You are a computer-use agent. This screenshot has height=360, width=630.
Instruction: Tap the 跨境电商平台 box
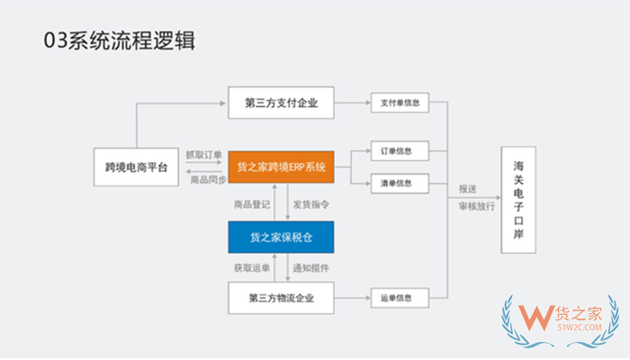(x=136, y=167)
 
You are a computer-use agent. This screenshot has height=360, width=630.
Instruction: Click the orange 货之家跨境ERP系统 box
(x=281, y=167)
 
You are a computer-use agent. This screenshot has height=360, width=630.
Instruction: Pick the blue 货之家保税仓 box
(x=281, y=237)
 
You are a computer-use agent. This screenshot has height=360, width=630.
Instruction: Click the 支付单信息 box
(x=400, y=102)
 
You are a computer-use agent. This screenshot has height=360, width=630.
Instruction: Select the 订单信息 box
(x=400, y=150)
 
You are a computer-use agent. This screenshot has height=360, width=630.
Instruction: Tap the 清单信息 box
(x=400, y=184)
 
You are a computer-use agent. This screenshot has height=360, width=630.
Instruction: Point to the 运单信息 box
(x=400, y=297)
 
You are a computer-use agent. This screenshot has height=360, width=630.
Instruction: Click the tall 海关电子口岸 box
(x=519, y=200)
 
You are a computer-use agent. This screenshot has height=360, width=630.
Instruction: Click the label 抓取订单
(x=203, y=154)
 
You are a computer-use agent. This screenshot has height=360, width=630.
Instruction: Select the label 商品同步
(x=203, y=180)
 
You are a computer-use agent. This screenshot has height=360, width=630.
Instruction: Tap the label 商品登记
(x=251, y=203)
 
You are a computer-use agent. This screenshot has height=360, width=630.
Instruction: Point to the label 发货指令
(x=310, y=203)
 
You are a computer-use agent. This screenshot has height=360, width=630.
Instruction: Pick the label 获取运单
(x=251, y=268)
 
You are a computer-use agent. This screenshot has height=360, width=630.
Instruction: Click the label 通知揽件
(x=310, y=268)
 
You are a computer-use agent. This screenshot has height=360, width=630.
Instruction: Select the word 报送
(x=468, y=190)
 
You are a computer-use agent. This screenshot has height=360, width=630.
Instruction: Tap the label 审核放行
(x=474, y=205)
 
